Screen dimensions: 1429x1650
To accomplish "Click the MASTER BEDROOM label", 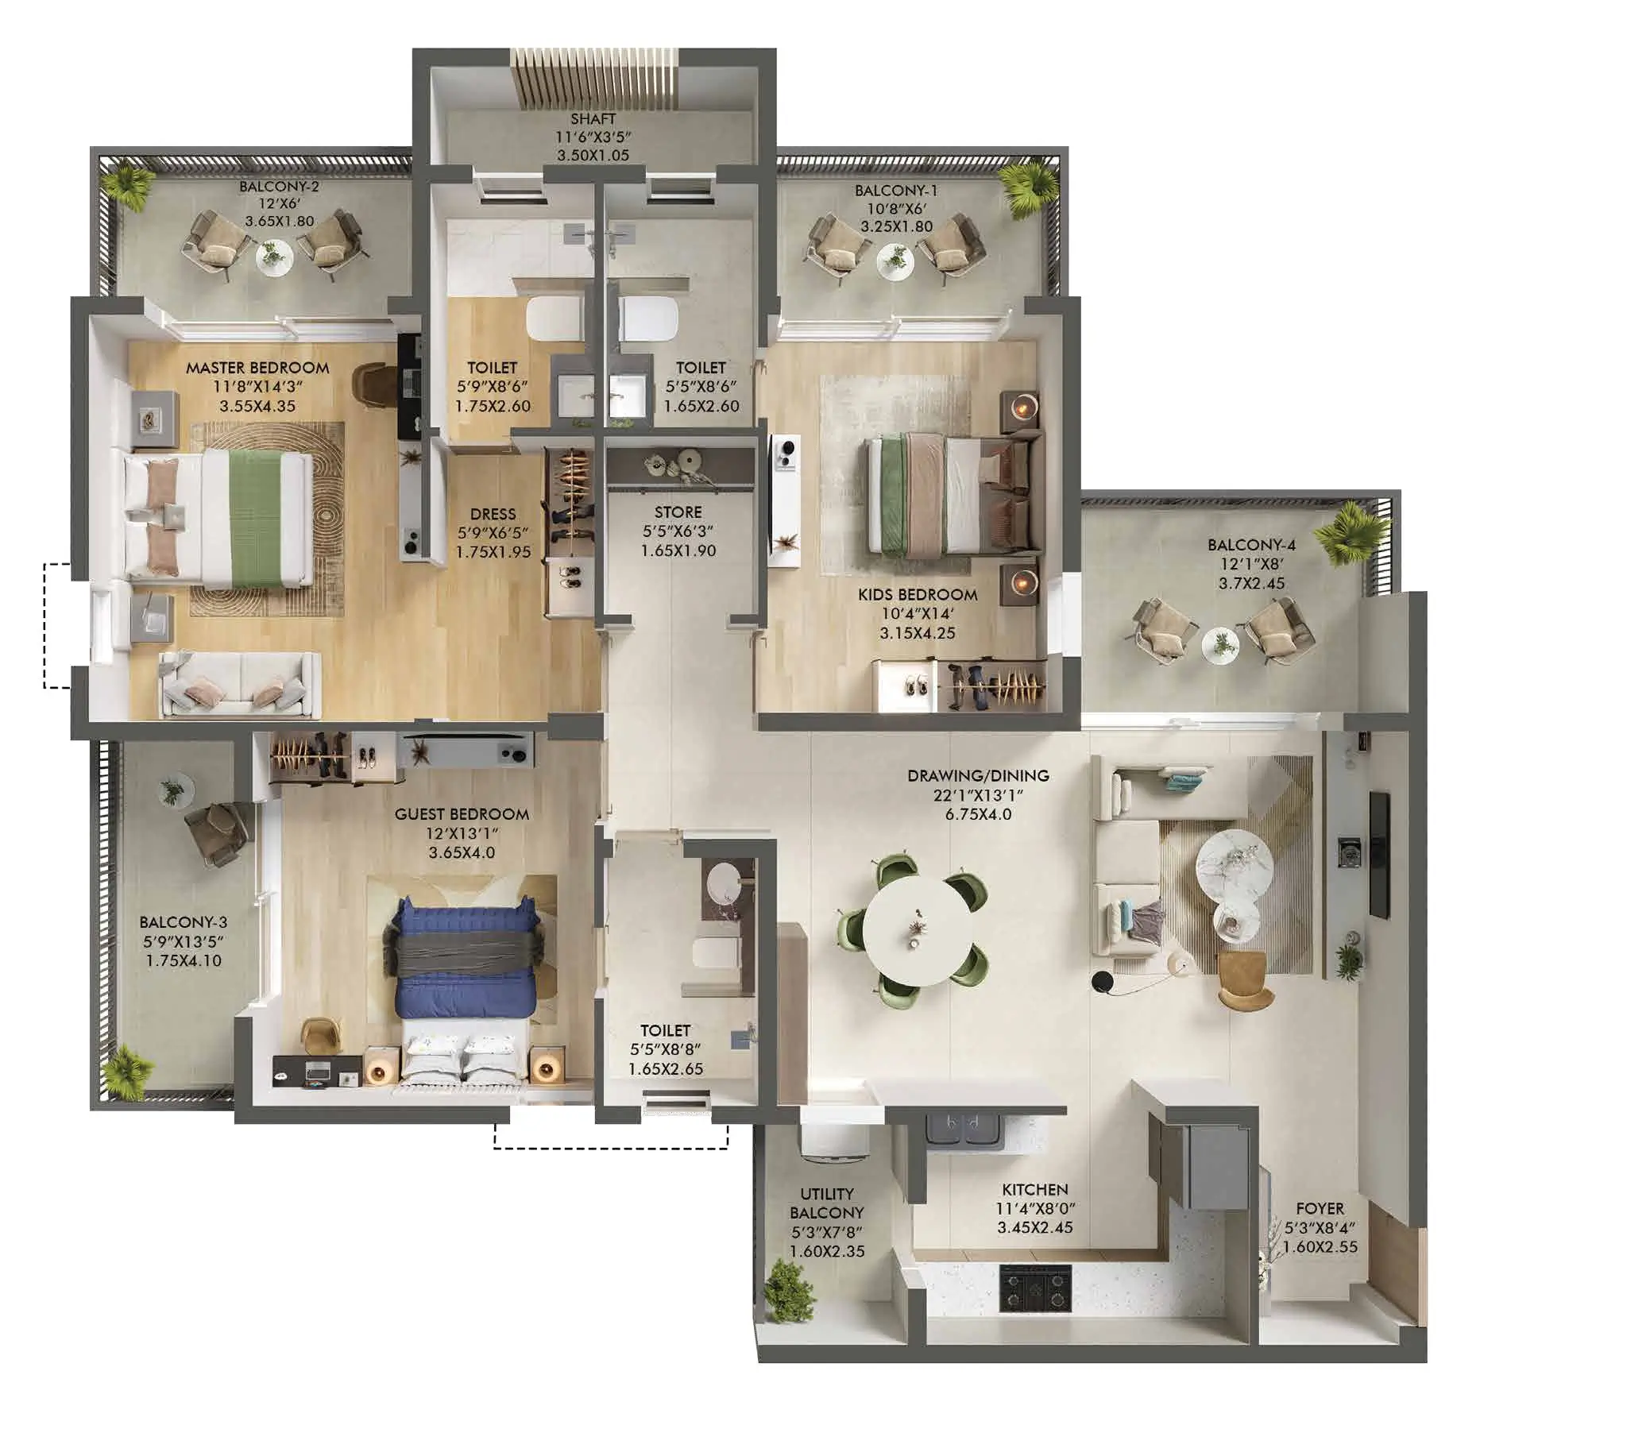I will click(257, 368).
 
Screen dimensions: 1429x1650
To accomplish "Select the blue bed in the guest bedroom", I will click(462, 957).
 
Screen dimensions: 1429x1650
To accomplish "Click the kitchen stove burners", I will click(1034, 1289).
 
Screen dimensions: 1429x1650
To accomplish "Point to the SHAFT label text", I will click(593, 119).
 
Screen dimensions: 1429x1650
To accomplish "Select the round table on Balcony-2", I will click(273, 257).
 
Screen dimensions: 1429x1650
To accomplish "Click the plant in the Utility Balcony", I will click(790, 1290).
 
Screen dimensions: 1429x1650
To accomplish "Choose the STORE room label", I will click(678, 512).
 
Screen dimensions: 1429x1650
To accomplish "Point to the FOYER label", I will click(1319, 1208).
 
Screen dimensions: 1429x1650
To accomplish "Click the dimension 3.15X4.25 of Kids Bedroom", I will click(917, 633).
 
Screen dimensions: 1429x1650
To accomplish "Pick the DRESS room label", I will click(493, 515).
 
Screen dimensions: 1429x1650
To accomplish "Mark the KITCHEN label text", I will click(1034, 1189).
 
